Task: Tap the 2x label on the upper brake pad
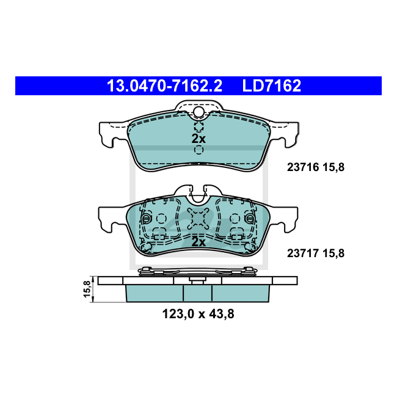[198, 139]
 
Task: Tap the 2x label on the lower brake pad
[198, 242]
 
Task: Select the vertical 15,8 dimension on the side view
[87, 288]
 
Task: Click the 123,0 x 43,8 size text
[198, 314]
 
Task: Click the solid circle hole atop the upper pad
[198, 112]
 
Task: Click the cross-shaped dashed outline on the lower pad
[198, 219]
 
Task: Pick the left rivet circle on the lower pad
[146, 219]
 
